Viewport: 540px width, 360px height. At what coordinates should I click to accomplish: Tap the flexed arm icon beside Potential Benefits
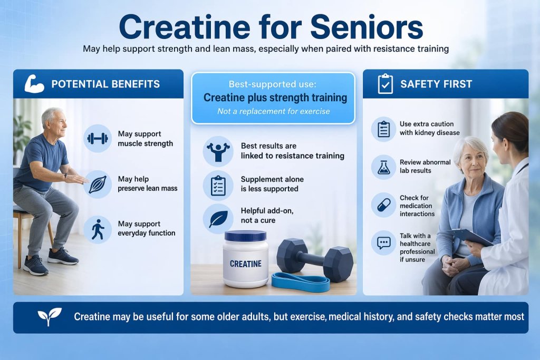click(34, 84)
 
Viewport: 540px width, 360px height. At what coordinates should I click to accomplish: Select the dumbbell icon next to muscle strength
click(97, 139)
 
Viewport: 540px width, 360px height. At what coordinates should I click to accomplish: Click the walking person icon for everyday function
click(97, 229)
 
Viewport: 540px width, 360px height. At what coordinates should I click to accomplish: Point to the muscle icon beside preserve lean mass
click(97, 183)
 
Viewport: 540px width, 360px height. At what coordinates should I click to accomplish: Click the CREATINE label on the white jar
click(246, 263)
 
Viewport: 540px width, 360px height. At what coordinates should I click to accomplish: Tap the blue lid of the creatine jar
click(245, 236)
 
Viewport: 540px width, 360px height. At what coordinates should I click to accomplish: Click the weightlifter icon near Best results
click(217, 150)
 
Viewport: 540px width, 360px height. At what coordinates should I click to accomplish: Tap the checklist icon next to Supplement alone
click(217, 184)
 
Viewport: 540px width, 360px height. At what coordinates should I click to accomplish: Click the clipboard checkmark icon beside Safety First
click(385, 84)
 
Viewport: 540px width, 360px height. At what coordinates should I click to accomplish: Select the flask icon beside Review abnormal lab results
click(383, 166)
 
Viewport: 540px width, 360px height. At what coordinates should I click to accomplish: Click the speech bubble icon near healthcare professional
click(383, 243)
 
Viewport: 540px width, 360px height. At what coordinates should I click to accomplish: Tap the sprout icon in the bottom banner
click(50, 316)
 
